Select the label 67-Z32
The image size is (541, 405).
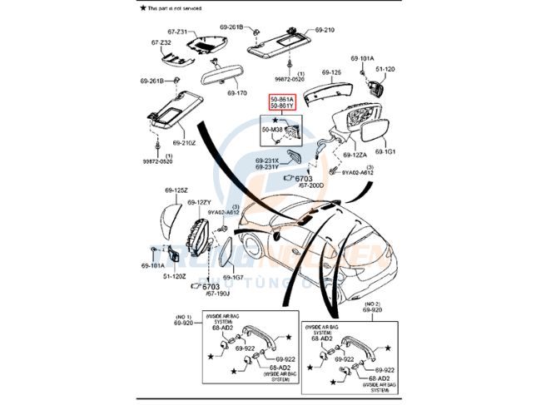point(161,42)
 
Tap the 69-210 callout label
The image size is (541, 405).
point(324,30)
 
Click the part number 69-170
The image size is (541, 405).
point(237,92)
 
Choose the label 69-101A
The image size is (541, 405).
point(361,58)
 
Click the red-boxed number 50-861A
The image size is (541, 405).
point(280,100)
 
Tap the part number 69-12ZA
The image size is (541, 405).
point(353,155)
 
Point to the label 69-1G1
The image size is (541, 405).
point(385,152)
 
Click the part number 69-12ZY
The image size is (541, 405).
point(201,202)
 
